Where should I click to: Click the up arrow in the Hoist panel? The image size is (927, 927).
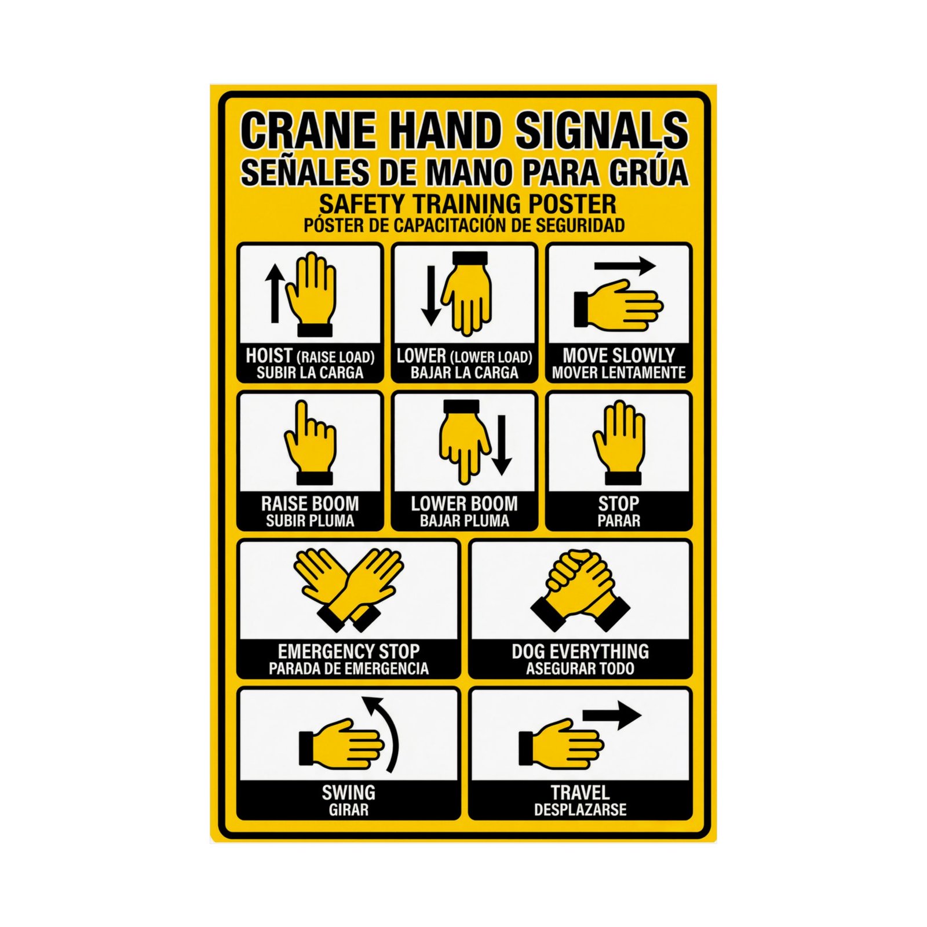(x=275, y=293)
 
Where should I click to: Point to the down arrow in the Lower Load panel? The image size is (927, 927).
(x=431, y=295)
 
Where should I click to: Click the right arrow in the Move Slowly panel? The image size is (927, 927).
(x=625, y=266)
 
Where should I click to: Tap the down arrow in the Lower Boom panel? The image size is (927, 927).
(x=502, y=445)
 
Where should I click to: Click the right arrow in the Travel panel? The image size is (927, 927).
(x=612, y=716)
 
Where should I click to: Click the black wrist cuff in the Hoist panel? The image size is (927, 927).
(x=315, y=330)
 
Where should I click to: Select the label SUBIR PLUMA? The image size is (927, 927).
(x=310, y=521)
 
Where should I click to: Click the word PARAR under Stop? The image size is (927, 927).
(x=619, y=521)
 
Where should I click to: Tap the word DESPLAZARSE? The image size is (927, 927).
(x=581, y=810)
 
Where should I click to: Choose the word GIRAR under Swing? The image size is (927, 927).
(x=349, y=810)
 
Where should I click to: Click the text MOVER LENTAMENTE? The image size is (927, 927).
(x=619, y=373)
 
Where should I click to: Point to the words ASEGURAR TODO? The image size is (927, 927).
(x=581, y=669)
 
